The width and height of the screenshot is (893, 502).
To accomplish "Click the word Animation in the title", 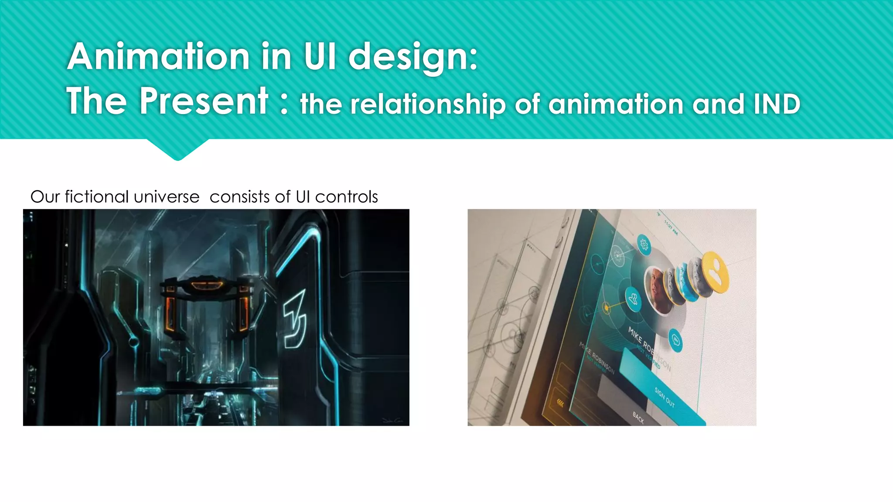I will coord(158,57).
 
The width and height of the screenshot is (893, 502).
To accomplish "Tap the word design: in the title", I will coord(413,58).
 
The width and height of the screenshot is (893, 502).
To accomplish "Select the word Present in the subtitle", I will coord(204,101).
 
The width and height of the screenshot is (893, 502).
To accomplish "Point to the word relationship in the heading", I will coord(428,105).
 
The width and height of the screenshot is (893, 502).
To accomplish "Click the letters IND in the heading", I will coord(777,105).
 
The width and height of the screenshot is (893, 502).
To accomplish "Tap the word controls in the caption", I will coord(346,197).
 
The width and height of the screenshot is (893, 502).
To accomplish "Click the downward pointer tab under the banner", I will coord(177,149).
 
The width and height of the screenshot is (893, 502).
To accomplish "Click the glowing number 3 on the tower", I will coord(295,319).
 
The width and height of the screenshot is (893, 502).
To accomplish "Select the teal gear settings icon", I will coord(644,244).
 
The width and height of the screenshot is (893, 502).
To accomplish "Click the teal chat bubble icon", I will coord(675,340).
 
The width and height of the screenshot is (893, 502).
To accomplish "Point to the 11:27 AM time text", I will coord(671,227).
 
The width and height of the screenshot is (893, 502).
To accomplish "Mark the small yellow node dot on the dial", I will coord(606,308).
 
